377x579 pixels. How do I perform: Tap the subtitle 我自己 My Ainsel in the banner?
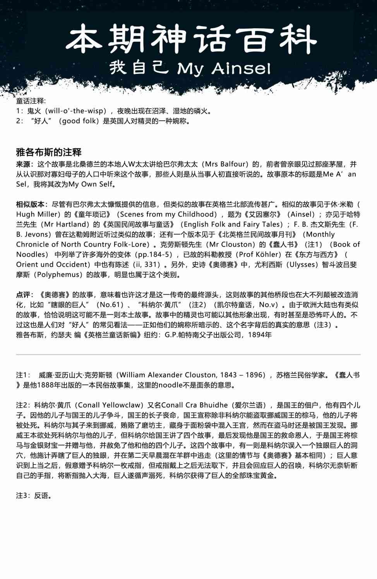(190, 68)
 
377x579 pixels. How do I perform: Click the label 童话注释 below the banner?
(31, 101)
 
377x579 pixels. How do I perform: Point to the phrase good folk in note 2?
(79, 121)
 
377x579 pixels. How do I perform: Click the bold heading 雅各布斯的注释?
(49, 152)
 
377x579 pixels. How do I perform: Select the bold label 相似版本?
(31, 204)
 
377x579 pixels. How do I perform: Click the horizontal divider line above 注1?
(188, 354)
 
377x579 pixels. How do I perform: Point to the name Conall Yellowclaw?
(110, 405)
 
